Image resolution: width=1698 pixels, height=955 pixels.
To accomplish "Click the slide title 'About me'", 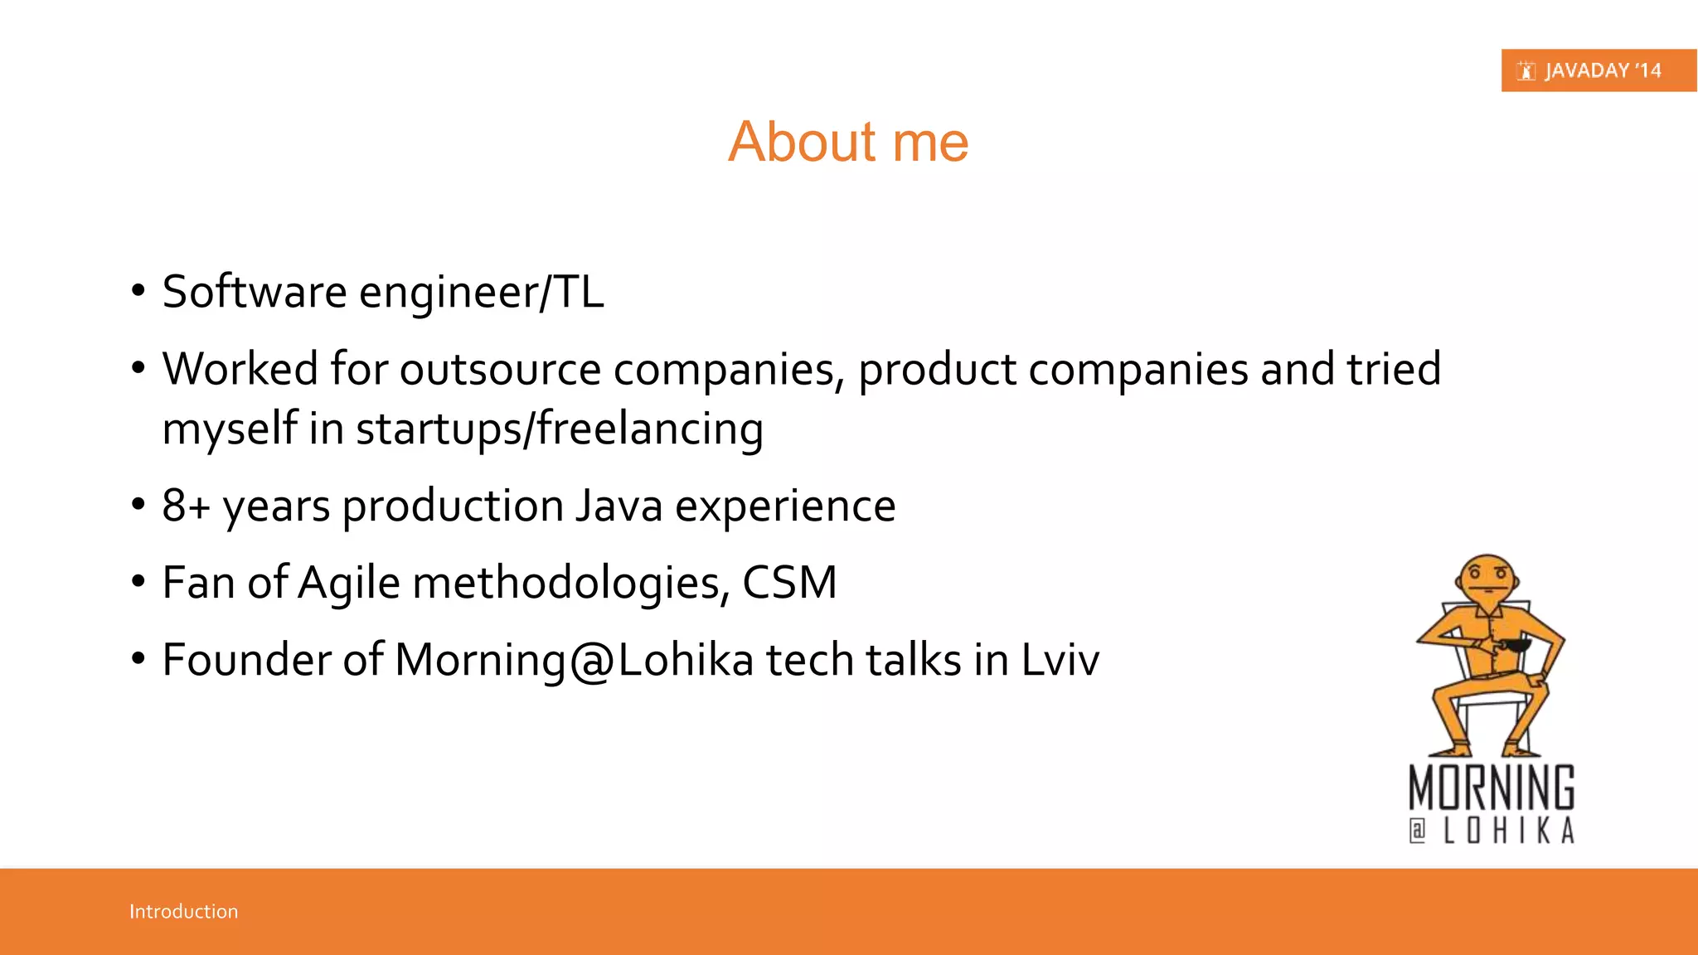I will coord(848,142).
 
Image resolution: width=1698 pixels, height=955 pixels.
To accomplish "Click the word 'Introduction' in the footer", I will coord(183,911).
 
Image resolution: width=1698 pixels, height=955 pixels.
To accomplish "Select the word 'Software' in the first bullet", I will coord(255,292).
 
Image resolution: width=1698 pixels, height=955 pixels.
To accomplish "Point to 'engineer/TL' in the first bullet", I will coord(481,293).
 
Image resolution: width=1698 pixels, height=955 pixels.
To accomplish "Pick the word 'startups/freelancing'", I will coord(560,429).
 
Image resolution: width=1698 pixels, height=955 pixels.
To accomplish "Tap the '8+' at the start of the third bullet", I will coord(186,506).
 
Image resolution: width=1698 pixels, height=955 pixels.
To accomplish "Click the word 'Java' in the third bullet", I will coord(619,506).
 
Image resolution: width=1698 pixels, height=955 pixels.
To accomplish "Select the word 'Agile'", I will coord(349,584).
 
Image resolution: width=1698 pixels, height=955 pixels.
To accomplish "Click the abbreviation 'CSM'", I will coord(789,583).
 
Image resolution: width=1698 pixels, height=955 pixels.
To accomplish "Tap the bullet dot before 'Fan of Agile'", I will coord(138,582).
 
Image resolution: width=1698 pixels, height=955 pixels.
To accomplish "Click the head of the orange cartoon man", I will coord(1487,578).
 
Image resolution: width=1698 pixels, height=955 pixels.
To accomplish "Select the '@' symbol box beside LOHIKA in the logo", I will coord(1418,831).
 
